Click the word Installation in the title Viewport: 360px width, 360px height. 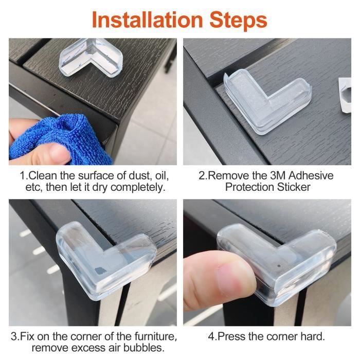(x=147, y=20)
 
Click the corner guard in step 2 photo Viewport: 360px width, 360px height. (x=267, y=101)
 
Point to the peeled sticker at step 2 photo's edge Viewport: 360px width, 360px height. (x=345, y=95)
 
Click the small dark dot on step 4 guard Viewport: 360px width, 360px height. (x=279, y=266)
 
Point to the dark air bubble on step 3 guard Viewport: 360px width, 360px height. (x=99, y=271)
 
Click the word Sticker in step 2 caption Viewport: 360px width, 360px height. (x=294, y=187)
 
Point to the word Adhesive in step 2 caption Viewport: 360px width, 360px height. (x=311, y=176)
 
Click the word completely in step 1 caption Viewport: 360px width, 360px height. (x=138, y=188)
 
